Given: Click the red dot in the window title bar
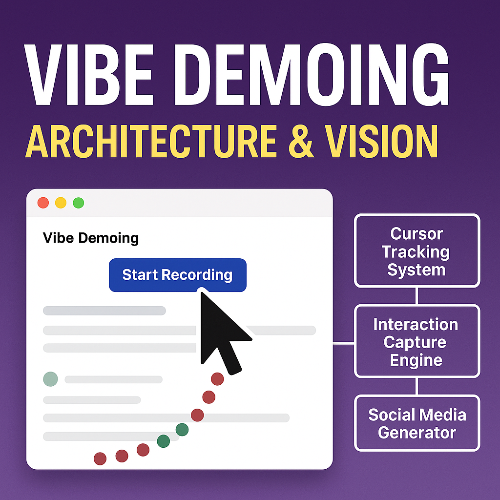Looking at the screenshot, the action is [43, 203].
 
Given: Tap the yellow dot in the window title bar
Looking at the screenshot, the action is [61, 203].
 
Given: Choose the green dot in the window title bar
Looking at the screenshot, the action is [78, 203].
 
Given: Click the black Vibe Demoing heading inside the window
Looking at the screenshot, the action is [91, 238].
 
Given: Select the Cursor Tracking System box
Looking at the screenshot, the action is [417, 251].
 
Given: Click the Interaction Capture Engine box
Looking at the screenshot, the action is [417, 342].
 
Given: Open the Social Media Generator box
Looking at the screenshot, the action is [417, 423].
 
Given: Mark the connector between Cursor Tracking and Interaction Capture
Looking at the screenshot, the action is [417, 296].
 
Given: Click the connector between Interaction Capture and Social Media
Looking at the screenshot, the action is [417, 387].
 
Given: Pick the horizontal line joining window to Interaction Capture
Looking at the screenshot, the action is [344, 343].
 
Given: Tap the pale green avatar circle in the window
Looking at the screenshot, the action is [50, 378].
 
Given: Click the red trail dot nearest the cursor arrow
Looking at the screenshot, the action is [217, 379].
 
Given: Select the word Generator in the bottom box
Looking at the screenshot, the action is [417, 433].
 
